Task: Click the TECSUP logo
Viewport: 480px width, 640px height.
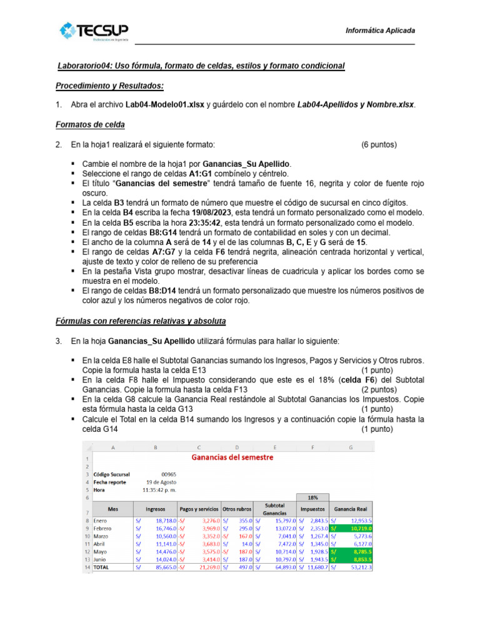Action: click(x=94, y=31)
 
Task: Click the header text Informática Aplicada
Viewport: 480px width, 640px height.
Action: click(x=380, y=31)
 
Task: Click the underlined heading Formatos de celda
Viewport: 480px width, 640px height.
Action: click(x=90, y=124)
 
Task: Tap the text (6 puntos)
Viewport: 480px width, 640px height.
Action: click(x=379, y=145)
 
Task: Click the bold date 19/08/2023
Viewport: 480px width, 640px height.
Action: click(x=171, y=212)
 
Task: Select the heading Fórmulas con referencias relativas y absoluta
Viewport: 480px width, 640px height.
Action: click(x=141, y=321)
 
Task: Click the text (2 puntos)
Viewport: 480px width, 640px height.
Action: click(x=379, y=389)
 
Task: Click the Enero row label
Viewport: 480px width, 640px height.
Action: click(x=100, y=520)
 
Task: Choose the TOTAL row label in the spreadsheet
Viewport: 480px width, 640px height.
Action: click(x=102, y=567)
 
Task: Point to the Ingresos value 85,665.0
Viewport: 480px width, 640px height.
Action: click(x=161, y=567)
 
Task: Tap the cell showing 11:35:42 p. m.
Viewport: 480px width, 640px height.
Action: click(x=161, y=490)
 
